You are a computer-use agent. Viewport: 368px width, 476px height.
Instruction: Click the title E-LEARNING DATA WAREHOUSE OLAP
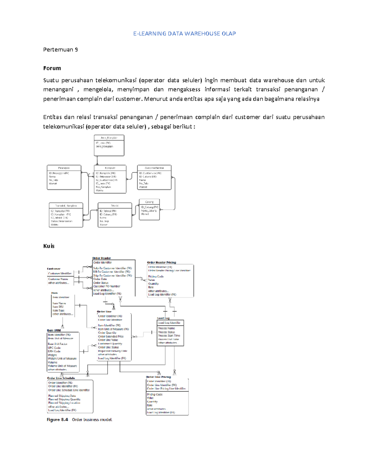tap(184, 34)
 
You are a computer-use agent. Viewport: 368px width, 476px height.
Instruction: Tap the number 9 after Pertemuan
tap(76, 50)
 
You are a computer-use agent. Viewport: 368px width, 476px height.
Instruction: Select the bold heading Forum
tap(52, 68)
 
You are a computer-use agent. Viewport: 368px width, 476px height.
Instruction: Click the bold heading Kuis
tap(49, 246)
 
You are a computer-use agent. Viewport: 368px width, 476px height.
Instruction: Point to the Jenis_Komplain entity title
tap(109, 138)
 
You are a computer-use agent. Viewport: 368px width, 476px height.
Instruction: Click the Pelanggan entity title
tap(64, 168)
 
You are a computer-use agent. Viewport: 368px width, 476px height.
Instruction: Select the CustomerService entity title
tap(154, 168)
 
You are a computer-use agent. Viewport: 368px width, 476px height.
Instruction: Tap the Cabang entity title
tap(149, 202)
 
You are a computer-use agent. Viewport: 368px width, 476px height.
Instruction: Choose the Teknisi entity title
tap(115, 206)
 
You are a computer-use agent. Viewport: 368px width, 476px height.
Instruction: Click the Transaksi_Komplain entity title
tap(66, 206)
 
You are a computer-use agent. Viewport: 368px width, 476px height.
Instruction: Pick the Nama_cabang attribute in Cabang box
tap(149, 211)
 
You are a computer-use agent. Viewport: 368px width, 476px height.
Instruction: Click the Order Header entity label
tap(102, 258)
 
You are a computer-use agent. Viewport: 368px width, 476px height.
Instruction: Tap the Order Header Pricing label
tap(161, 262)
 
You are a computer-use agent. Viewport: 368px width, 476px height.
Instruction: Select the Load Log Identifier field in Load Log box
tap(169, 323)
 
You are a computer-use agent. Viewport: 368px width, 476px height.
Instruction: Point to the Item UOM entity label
tap(54, 330)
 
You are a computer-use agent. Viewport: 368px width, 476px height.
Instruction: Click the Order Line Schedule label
tap(61, 378)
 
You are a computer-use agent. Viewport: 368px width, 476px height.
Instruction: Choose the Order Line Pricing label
tap(158, 377)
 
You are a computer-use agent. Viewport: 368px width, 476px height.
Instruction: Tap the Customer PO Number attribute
tap(107, 286)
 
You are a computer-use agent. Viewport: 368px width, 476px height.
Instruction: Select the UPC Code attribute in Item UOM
tap(54, 348)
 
